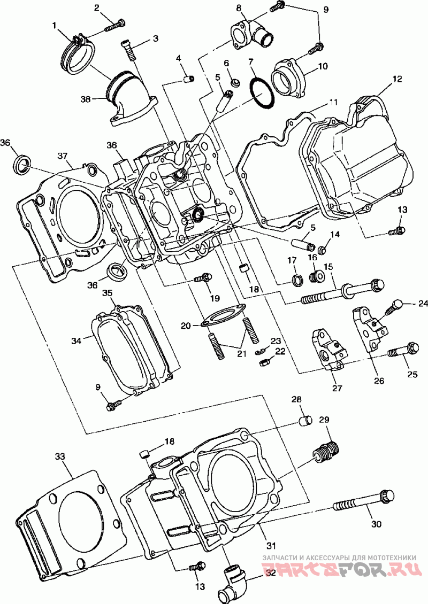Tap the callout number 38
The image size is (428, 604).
pyautogui.click(x=85, y=99)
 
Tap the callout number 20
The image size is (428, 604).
pyautogui.click(x=186, y=326)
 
